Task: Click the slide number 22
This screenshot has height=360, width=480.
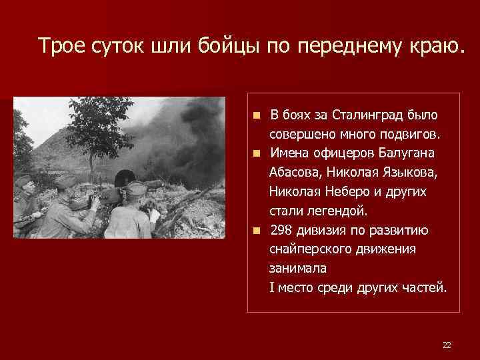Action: [447, 345]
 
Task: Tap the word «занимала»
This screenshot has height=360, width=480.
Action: [294, 269]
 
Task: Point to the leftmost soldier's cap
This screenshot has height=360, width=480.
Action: [24, 181]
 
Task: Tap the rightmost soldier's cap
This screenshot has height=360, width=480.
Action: [136, 189]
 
